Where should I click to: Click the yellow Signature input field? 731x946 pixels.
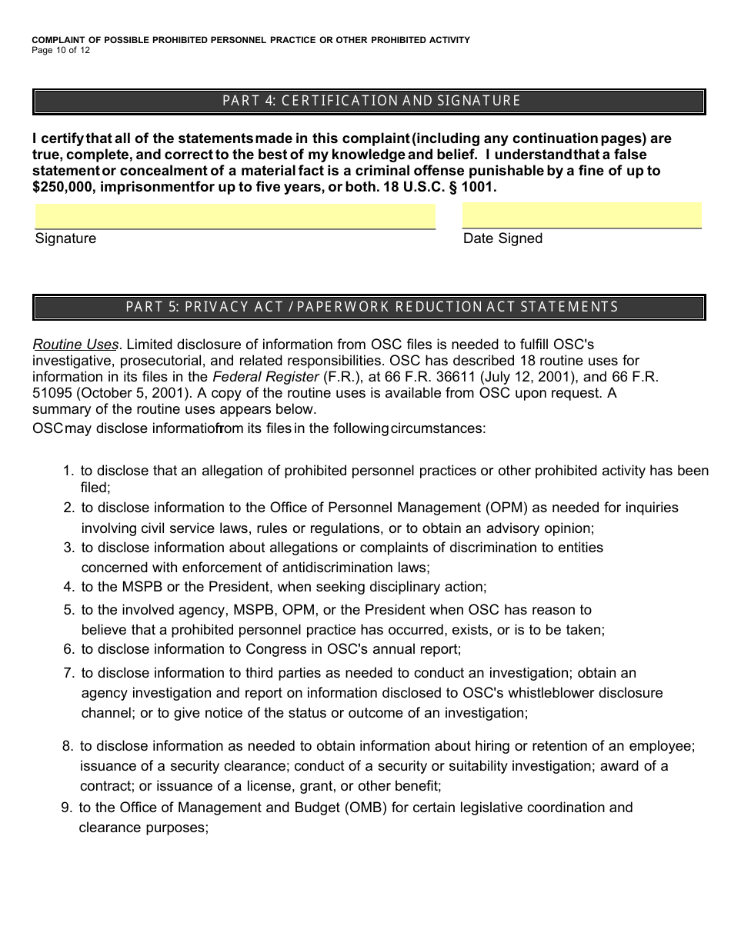(235, 216)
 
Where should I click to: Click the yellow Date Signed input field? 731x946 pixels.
(582, 215)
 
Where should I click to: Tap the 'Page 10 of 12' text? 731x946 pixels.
(61, 51)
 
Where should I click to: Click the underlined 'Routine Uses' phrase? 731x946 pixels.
(75, 345)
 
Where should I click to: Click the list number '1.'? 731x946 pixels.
(68, 471)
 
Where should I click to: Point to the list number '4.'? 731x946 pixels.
(68, 587)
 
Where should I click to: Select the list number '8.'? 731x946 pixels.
(68, 746)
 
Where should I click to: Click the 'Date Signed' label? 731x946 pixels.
(502, 238)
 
